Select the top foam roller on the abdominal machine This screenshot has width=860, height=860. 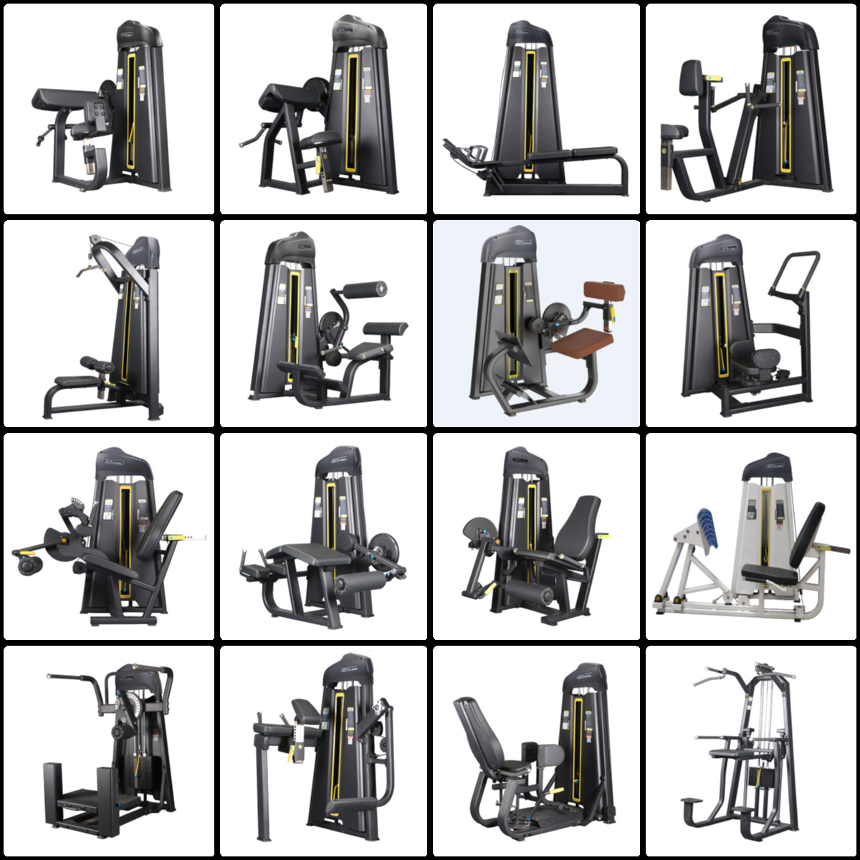coord(365,290)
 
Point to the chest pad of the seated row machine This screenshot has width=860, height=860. coord(691,76)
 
